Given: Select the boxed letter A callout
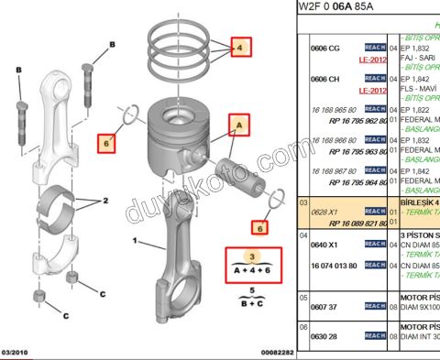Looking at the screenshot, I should click(x=237, y=121).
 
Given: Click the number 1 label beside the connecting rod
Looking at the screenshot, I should click(x=136, y=243).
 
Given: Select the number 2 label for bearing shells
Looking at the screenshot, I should click(x=105, y=199).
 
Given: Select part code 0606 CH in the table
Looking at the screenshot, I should click(x=325, y=80).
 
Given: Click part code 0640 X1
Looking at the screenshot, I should click(x=325, y=245).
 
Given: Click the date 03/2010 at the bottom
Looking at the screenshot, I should click(x=18, y=352).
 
